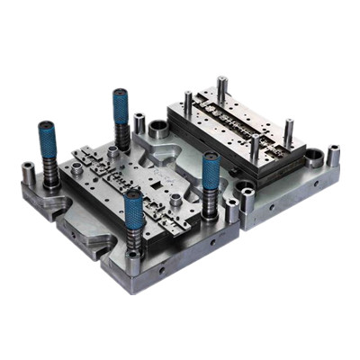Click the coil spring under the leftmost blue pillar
click(50, 171)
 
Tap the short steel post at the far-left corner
click(28, 173)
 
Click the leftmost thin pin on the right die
click(186, 102)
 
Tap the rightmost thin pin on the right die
click(289, 131)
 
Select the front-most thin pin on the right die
click(256, 148)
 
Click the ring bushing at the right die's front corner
click(245, 191)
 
